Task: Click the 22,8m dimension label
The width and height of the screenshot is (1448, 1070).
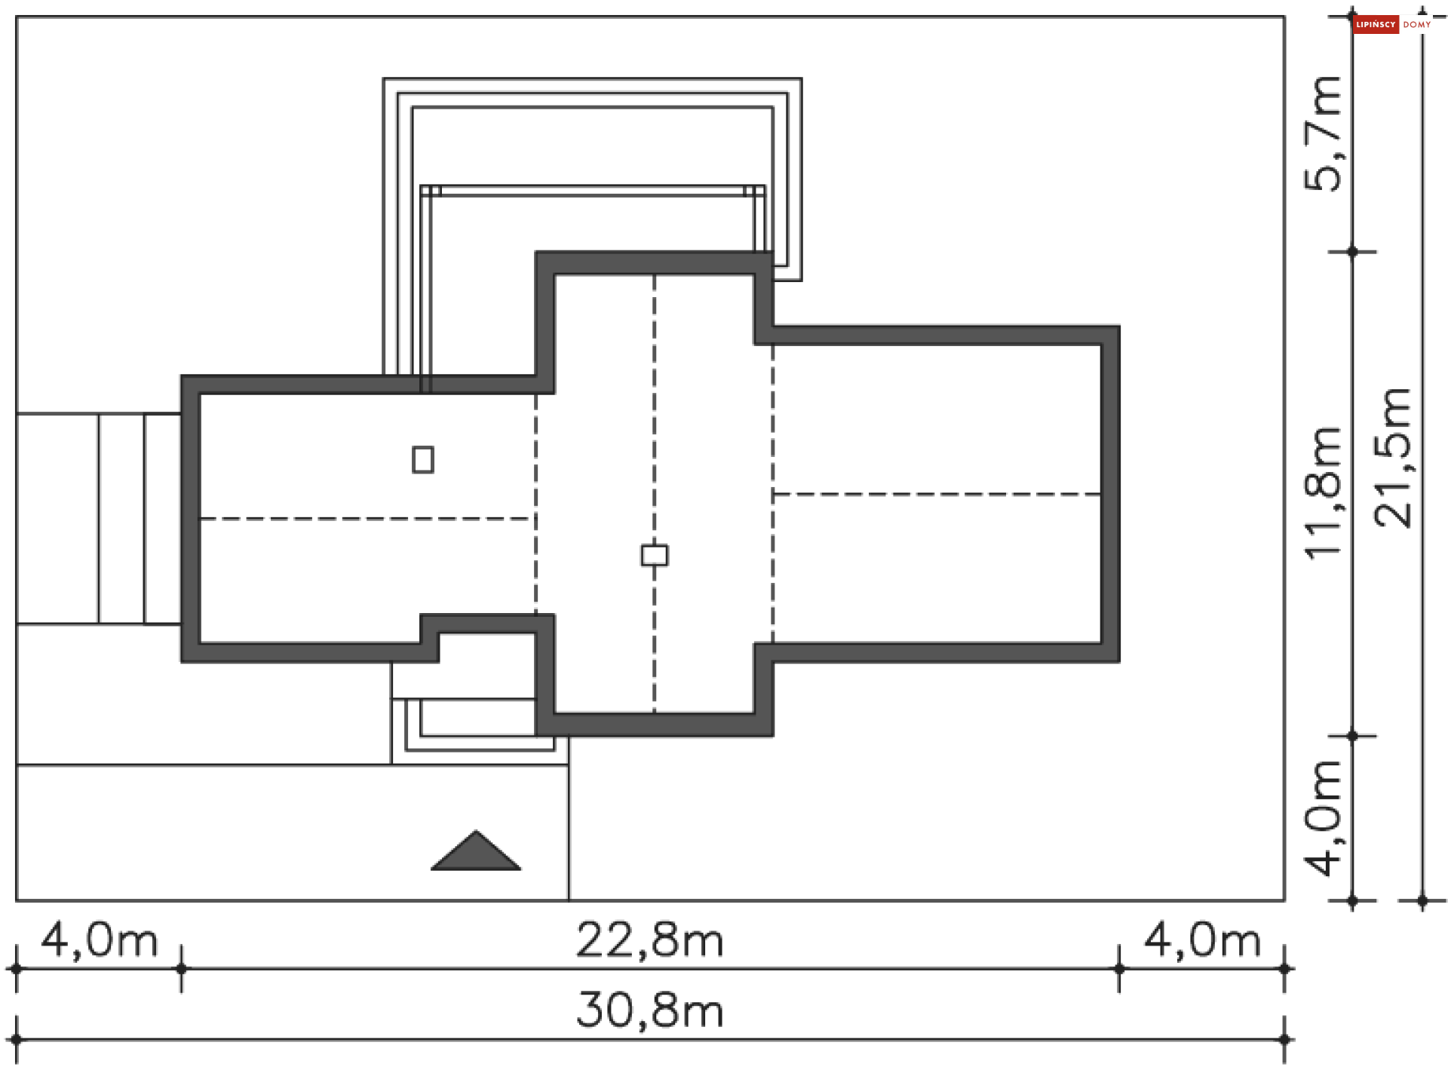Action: [x=649, y=941]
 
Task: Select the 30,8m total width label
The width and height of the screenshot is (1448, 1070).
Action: [x=649, y=1010]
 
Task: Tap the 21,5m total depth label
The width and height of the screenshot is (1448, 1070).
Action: [x=1392, y=458]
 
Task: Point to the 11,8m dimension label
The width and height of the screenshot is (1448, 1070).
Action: [x=1324, y=493]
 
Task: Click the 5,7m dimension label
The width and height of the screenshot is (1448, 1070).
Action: [x=1324, y=134]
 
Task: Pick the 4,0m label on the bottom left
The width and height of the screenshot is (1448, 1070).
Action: [x=99, y=941]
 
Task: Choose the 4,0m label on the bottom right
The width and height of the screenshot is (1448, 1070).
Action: [x=1202, y=941]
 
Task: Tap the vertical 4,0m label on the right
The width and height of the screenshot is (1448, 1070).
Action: [x=1324, y=818]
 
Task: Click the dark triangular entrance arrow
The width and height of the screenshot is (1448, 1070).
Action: [x=476, y=853]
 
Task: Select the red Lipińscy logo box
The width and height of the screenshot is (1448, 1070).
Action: [x=1376, y=25]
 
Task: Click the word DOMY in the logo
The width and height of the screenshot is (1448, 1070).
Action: [x=1417, y=25]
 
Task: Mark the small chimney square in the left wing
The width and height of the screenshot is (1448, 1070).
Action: [x=423, y=459]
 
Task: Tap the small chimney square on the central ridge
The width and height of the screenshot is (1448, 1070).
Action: [x=654, y=556]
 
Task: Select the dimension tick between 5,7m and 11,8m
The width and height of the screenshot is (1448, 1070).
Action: [x=1352, y=252]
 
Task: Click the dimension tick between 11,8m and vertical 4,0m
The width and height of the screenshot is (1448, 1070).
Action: [x=1352, y=736]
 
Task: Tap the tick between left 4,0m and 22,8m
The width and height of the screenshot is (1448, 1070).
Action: [x=181, y=968]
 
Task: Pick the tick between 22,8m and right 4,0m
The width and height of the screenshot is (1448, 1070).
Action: [x=1119, y=968]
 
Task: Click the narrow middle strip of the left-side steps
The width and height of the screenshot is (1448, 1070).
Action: [x=121, y=519]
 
